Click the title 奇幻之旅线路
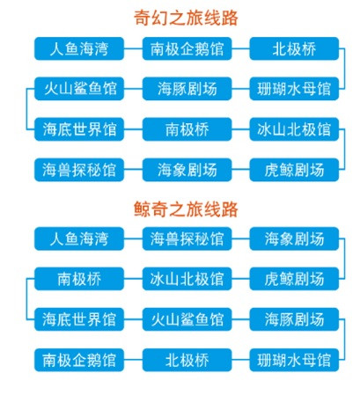click(186, 18)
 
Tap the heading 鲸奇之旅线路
click(186, 209)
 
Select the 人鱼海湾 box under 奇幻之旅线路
click(79, 48)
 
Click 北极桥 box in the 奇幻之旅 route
click(294, 48)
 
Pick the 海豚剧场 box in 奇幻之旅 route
click(187, 89)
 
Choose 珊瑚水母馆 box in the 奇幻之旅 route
click(294, 89)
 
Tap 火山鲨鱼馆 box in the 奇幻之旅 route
click(79, 89)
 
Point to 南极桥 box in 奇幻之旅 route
click(187, 129)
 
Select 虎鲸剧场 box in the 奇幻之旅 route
click(294, 170)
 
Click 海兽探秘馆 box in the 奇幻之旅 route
click(79, 170)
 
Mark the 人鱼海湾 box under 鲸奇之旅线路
click(79, 238)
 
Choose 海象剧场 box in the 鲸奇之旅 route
click(294, 238)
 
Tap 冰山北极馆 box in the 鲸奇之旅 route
click(187, 279)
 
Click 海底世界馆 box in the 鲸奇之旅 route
click(79, 319)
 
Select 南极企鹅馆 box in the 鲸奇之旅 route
click(79, 360)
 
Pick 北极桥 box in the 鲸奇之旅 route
click(187, 360)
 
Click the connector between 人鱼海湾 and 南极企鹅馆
click(133, 48)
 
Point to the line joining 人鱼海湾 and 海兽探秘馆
click(133, 238)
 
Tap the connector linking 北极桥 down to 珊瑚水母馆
click(344, 69)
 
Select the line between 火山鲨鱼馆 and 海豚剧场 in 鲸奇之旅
click(240, 319)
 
